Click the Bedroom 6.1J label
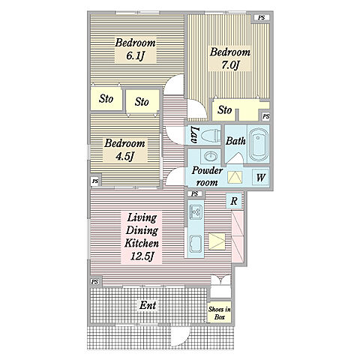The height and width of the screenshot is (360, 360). pos(135,49)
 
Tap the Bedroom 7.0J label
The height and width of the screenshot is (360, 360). pos(229,58)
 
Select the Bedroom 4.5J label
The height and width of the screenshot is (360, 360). pos(124,150)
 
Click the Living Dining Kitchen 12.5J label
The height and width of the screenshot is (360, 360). pos(142,237)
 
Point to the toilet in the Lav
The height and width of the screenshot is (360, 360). pos(211,136)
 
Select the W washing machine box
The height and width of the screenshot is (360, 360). pos(260,178)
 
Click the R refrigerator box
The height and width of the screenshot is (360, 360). pos(234,201)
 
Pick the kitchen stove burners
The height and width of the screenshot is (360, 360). pos(196,211)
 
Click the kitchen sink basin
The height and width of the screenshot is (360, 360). pos(196,244)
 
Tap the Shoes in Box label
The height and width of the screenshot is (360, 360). pos(220,313)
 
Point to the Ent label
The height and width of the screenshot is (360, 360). pos(148,305)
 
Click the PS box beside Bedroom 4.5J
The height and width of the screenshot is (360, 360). pos(95,181)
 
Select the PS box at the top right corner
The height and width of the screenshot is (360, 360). pos(261,18)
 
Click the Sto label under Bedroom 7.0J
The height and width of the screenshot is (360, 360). pos(224,109)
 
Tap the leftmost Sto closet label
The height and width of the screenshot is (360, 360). pos(106,98)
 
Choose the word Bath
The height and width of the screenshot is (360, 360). pos(235,141)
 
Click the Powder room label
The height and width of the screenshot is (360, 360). pos(207,176)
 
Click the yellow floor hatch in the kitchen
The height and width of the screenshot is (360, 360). pos(217,241)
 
